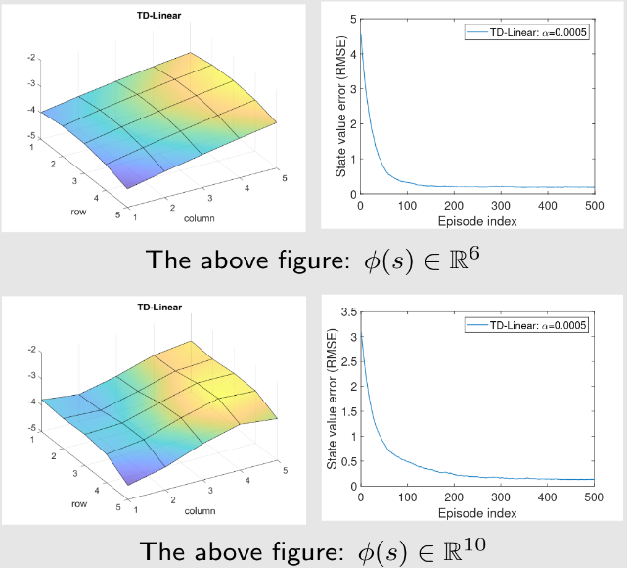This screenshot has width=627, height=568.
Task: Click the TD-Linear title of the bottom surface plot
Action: (159, 308)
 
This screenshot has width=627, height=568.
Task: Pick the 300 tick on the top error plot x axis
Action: (500, 206)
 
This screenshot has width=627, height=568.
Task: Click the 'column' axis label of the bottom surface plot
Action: (199, 509)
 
